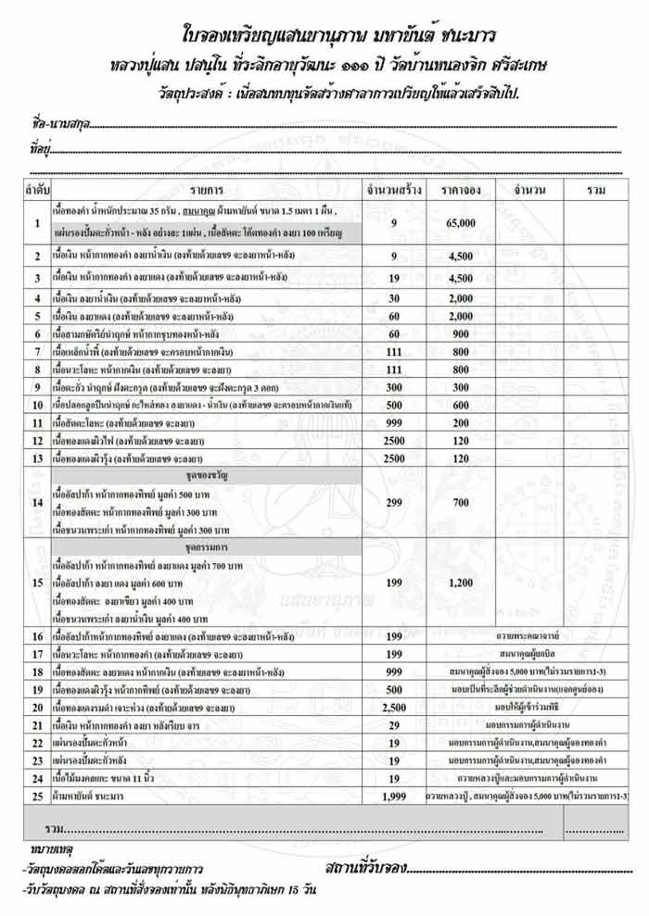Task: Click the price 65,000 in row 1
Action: point(460,223)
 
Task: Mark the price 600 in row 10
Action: point(460,404)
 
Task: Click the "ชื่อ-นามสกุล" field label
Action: point(56,124)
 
